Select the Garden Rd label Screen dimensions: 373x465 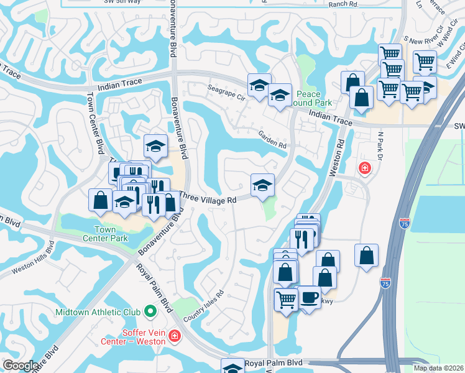273,141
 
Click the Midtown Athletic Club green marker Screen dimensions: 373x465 150,310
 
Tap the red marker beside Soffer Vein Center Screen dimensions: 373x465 175,336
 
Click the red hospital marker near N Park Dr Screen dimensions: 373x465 364,168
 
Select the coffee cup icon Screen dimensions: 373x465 308,297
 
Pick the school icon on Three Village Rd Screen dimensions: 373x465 262,185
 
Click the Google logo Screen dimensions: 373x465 20,366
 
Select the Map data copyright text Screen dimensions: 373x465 438,368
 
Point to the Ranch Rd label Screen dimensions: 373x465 344,4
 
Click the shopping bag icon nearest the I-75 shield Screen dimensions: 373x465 367,256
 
